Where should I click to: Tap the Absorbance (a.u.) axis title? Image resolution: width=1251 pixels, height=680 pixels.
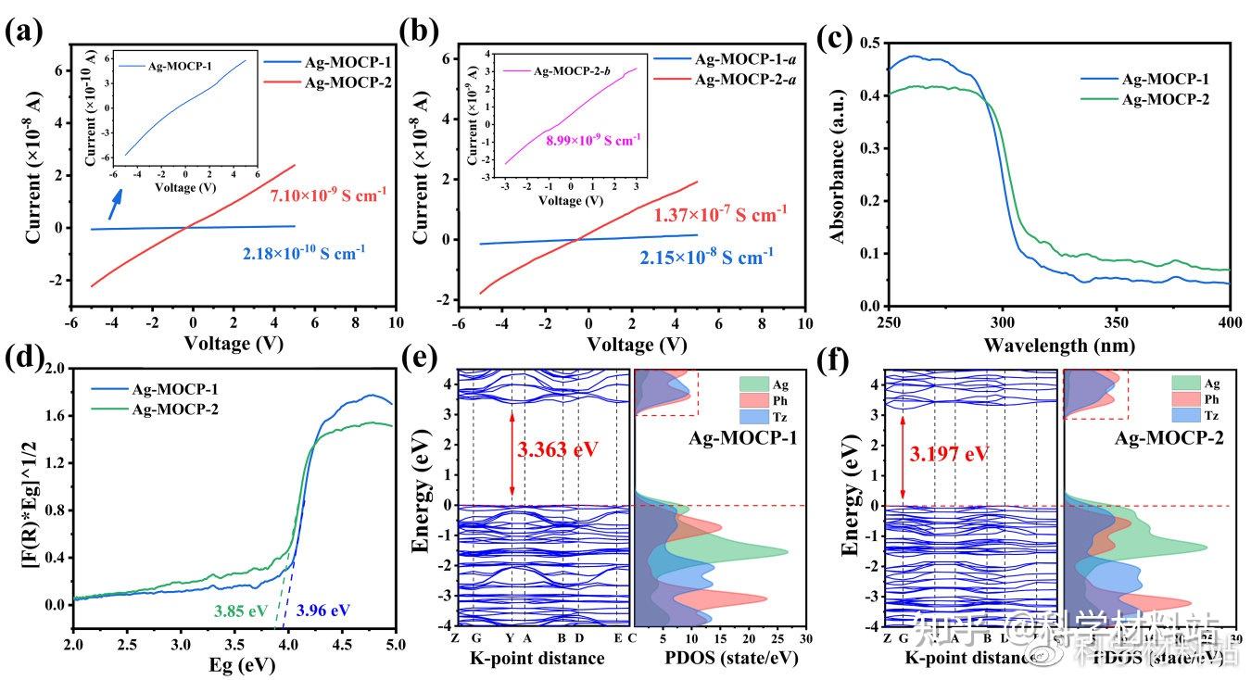[x=839, y=174]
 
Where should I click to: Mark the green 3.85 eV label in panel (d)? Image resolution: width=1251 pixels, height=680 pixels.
[x=240, y=611]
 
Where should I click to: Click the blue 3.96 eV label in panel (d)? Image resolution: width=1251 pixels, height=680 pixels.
[x=323, y=611]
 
